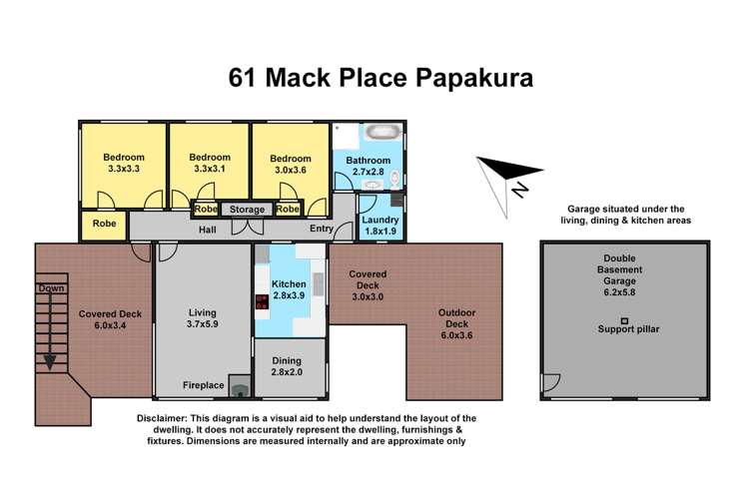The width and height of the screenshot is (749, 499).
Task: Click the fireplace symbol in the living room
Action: [x=240, y=384]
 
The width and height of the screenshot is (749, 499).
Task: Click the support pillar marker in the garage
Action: [x=624, y=319]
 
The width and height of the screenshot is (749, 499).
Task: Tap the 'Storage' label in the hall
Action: [x=247, y=210]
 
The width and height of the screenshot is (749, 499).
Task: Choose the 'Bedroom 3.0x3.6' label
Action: [x=290, y=166]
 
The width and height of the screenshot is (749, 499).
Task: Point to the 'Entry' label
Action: [x=321, y=229]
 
